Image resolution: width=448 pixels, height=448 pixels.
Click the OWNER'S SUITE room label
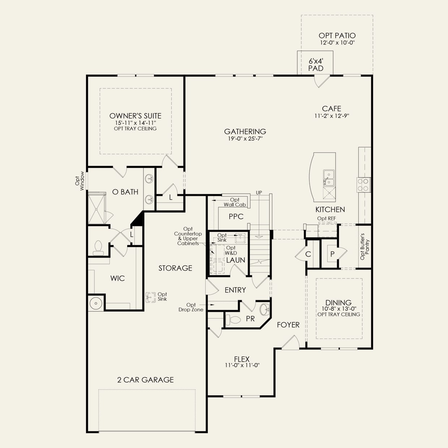(x=135, y=116)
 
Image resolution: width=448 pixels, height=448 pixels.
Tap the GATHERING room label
(x=245, y=132)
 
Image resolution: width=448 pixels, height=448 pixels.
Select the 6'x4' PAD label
(x=315, y=65)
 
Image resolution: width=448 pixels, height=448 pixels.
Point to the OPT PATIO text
(x=337, y=35)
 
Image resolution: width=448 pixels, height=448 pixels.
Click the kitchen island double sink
(x=329, y=178)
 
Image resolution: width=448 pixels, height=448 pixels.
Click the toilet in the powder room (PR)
(x=233, y=320)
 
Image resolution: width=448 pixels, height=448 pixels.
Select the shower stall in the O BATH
(x=97, y=208)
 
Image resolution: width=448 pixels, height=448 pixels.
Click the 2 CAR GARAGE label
(x=145, y=380)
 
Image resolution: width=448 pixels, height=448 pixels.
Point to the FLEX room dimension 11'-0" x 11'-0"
(x=242, y=365)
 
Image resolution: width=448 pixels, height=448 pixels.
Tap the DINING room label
(x=338, y=303)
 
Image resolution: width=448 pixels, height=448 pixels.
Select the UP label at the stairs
(x=259, y=193)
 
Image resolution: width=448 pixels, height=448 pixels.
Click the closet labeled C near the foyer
(x=308, y=254)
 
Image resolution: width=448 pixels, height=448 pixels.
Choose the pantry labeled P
(x=332, y=254)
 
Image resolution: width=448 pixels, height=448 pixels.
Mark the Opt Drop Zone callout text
(x=191, y=307)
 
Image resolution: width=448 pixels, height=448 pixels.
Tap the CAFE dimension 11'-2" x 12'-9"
(x=332, y=116)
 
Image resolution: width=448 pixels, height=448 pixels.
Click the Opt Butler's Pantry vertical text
(x=365, y=246)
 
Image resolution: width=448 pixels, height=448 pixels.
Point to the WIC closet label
(x=117, y=278)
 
